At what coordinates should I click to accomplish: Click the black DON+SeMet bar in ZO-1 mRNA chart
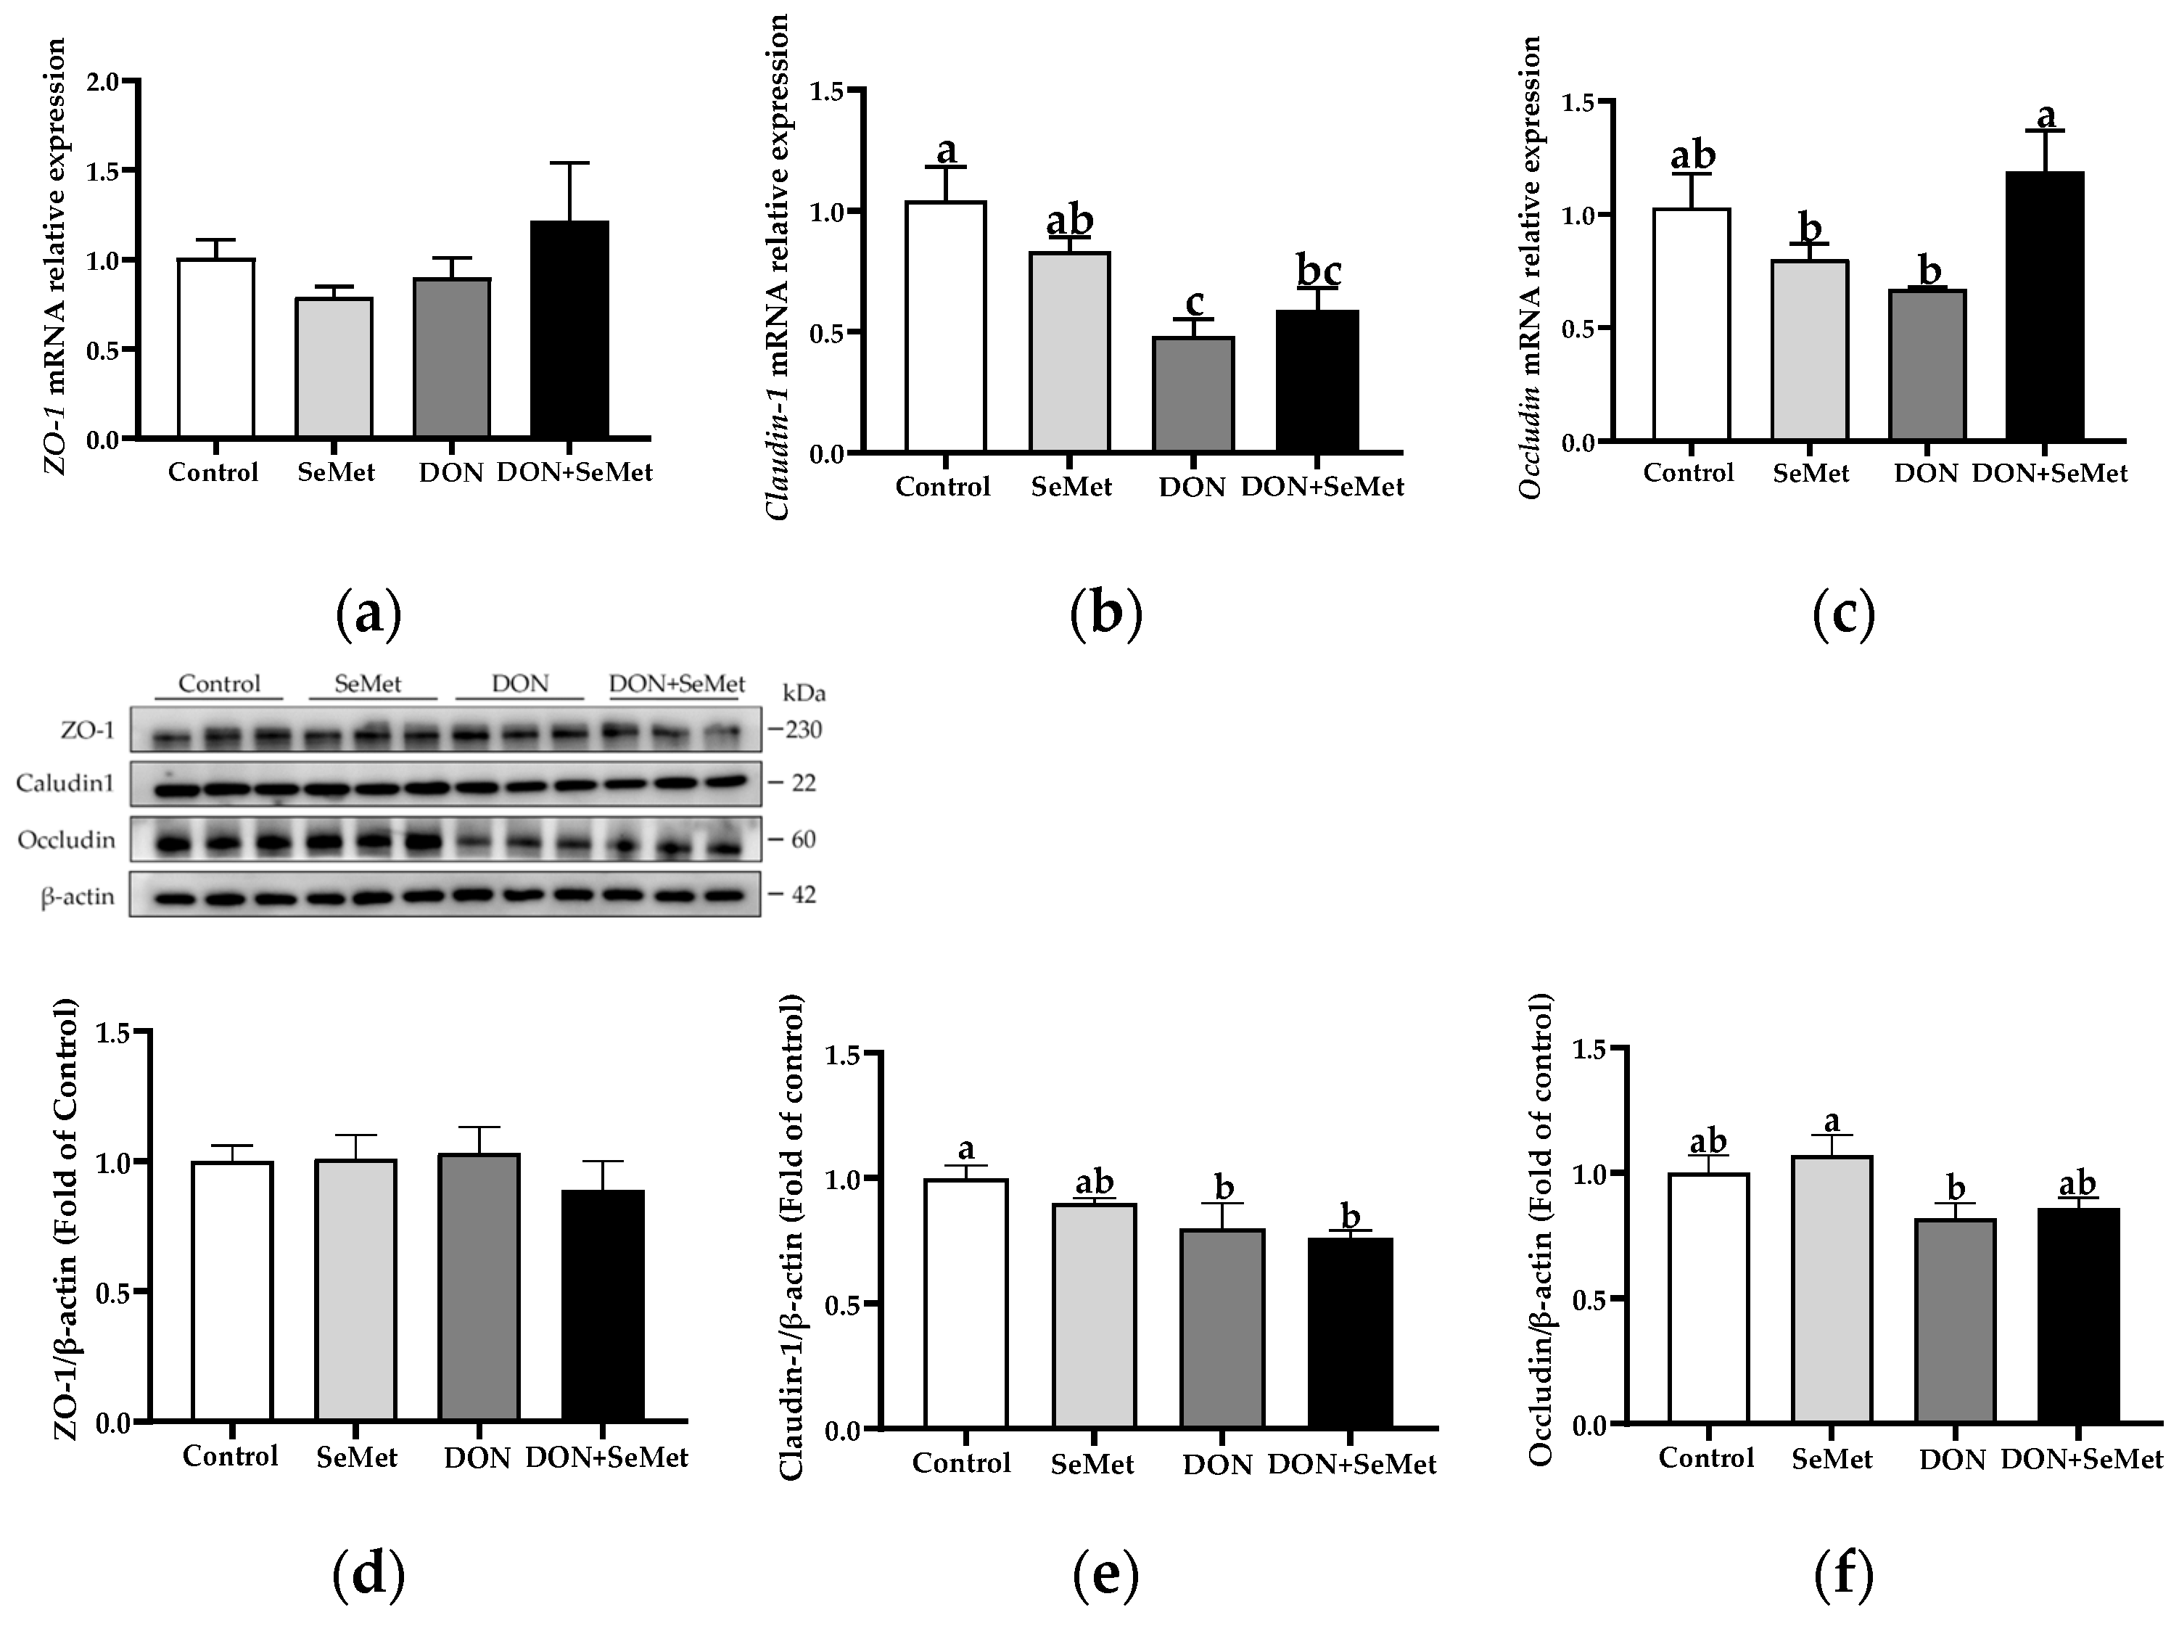[569, 330]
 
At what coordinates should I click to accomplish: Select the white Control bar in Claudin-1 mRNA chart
[946, 327]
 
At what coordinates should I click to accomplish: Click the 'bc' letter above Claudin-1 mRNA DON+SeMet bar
[1319, 269]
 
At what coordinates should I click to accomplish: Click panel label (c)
[1843, 614]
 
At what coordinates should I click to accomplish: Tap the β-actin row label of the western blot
[77, 897]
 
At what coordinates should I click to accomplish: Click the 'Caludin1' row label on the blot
[65, 784]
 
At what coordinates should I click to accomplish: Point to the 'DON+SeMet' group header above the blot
[677, 683]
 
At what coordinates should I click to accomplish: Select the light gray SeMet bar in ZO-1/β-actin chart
[357, 1291]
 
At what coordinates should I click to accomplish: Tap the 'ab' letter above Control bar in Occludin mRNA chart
[1692, 156]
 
